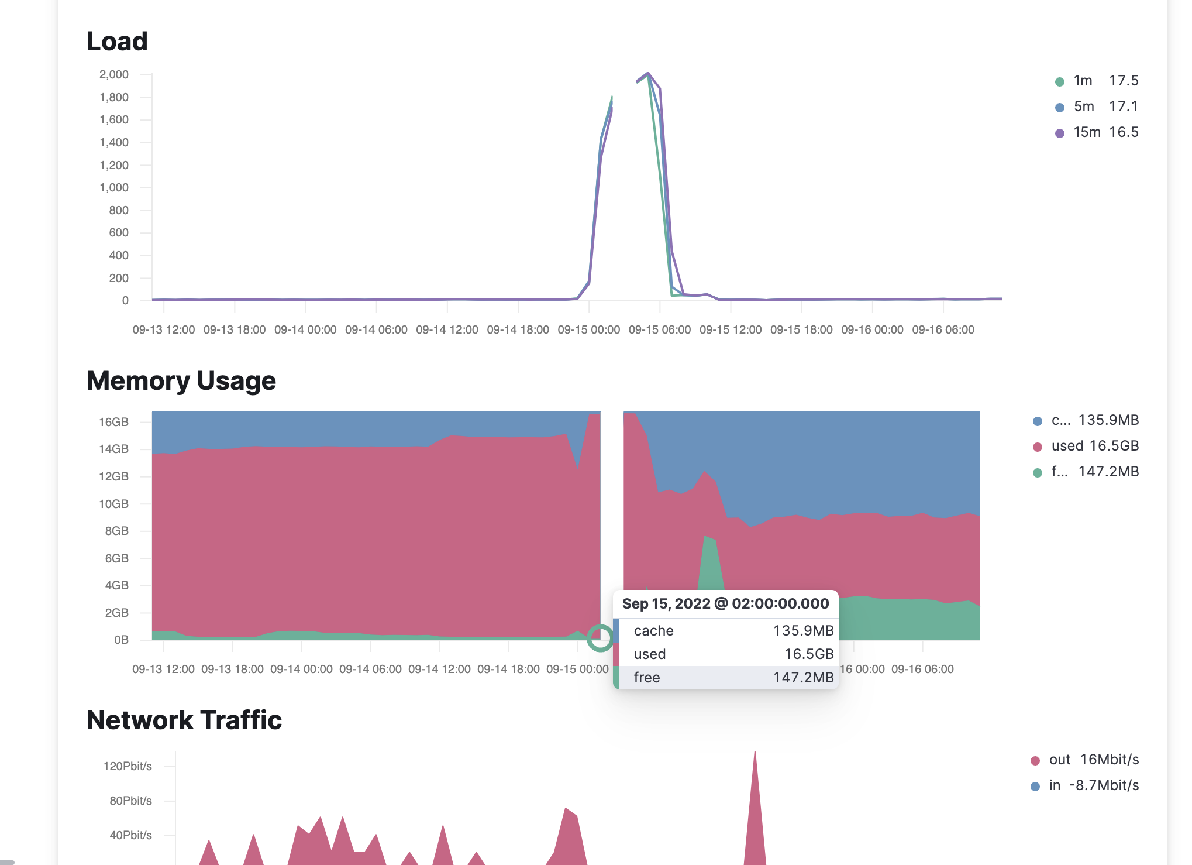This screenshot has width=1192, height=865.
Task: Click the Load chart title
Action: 117,42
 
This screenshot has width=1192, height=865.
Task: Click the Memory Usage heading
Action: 181,381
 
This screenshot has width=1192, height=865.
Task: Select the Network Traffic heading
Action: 184,720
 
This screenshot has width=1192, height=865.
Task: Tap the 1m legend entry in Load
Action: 1082,81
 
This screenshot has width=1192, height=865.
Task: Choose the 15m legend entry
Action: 1086,132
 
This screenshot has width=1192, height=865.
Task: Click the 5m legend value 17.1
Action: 1124,107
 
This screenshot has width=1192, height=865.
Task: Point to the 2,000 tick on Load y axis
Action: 114,74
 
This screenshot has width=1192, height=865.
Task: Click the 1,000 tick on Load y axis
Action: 114,187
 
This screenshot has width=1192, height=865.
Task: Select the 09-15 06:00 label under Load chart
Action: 659,329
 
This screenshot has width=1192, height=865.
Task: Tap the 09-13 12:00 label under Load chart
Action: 164,329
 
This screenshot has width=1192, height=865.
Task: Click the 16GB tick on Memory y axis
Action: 113,422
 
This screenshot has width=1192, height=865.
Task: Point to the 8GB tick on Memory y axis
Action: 116,531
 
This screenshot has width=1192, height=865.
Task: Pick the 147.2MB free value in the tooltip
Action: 803,678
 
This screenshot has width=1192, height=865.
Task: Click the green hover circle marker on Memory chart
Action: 600,639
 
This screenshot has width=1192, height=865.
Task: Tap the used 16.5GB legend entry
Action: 1094,446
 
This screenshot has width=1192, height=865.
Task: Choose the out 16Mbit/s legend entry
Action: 1093,760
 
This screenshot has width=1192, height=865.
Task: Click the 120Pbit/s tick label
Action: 128,766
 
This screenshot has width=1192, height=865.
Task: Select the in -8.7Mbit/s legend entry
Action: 1093,785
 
